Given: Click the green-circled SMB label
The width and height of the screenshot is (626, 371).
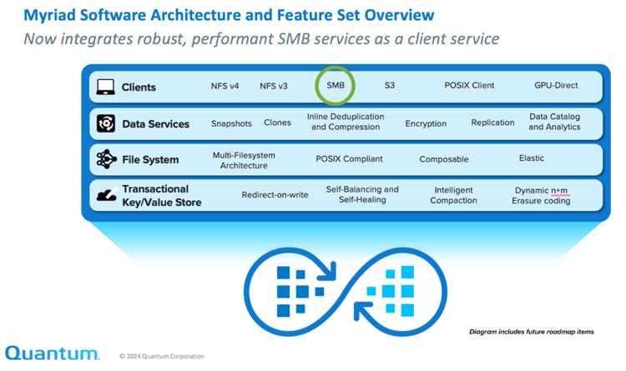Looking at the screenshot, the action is tap(336, 85).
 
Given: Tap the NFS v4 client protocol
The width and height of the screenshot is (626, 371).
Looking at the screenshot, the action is tap(225, 86).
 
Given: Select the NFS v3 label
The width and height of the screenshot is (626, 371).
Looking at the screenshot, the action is tap(274, 86).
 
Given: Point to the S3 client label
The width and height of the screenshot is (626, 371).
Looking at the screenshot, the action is tap(389, 85).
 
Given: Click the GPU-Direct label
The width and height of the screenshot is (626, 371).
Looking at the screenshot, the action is tap(556, 85).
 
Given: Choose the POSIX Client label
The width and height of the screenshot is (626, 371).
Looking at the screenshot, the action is tap(469, 85).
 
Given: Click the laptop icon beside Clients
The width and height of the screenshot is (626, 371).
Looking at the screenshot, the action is tap(105, 87).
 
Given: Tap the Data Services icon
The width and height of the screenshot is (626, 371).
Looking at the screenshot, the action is tap(106, 123).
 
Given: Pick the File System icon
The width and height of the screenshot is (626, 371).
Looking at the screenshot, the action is tap(106, 159).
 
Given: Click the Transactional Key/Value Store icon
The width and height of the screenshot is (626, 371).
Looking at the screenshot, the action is tap(107, 195).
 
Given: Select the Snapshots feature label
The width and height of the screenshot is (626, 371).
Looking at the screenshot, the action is tap(231, 123).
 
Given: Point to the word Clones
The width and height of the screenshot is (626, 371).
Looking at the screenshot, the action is tap(277, 123).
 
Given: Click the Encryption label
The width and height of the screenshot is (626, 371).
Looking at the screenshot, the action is tap(426, 123).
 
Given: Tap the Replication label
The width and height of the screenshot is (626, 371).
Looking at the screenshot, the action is tap(492, 123).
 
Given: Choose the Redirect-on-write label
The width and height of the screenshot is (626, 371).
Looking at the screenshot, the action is tap(275, 195).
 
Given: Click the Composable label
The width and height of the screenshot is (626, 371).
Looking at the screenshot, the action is tap(443, 159).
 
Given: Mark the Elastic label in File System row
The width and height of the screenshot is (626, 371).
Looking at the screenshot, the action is tap(532, 158).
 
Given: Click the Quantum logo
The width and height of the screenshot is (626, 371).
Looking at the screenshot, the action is tap(52, 353).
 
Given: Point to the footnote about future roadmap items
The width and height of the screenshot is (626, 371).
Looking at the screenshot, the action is tap(532, 332).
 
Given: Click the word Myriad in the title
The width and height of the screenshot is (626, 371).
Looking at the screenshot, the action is tap(49, 16).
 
